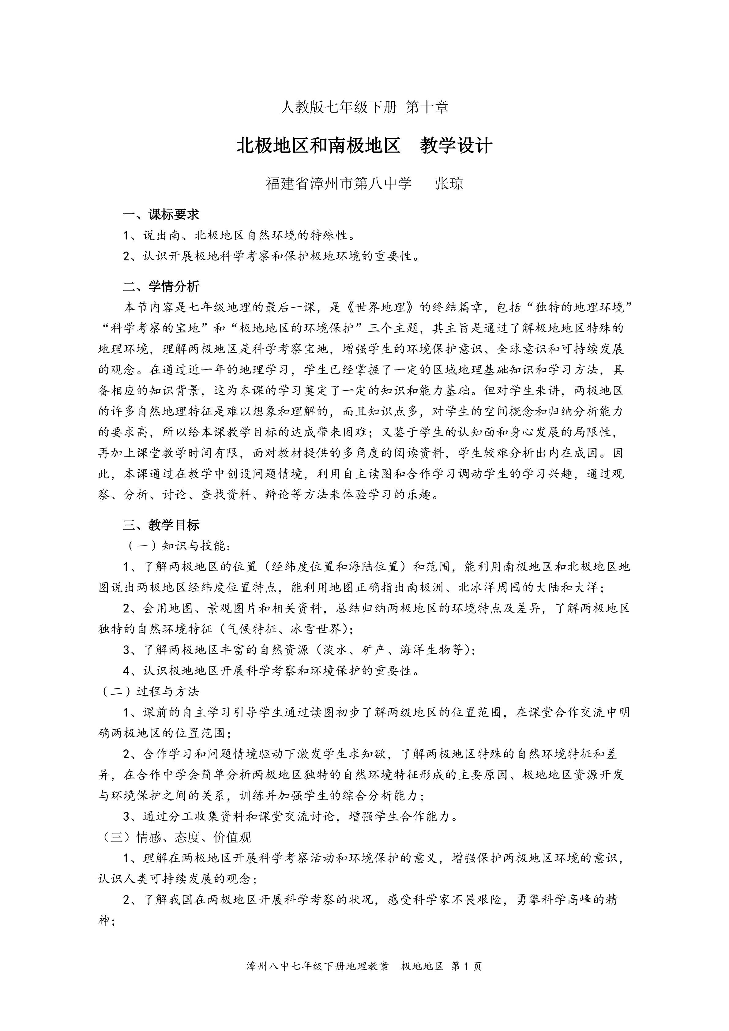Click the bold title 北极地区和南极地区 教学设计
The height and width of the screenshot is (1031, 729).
[x=364, y=146]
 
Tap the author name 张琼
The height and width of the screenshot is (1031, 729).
[x=449, y=184]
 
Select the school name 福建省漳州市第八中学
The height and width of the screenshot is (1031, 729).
[x=339, y=184]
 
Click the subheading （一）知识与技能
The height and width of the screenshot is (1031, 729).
[x=178, y=546]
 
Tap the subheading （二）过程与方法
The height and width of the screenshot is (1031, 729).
[x=149, y=692]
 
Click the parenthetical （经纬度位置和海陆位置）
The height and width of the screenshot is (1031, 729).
[x=335, y=567]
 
